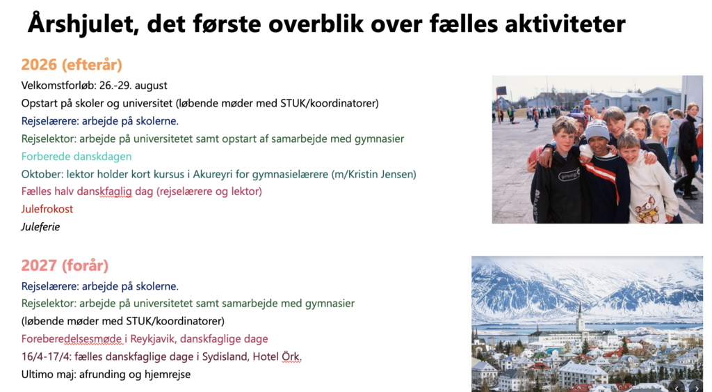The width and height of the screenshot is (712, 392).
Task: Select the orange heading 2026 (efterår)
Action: (72, 65)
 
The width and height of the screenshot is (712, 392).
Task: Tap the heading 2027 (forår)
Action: (65, 265)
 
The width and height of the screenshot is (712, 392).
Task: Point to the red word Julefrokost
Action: (47, 209)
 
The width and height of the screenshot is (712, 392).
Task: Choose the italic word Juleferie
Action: (40, 226)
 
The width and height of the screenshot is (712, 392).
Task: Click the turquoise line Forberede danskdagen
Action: (76, 157)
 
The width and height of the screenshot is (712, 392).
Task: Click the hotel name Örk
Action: (291, 356)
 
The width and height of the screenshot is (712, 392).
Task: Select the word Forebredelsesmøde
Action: (72, 339)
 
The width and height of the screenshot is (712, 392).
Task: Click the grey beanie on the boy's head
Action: (596, 131)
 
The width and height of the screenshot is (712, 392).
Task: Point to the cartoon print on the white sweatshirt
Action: (647, 208)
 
